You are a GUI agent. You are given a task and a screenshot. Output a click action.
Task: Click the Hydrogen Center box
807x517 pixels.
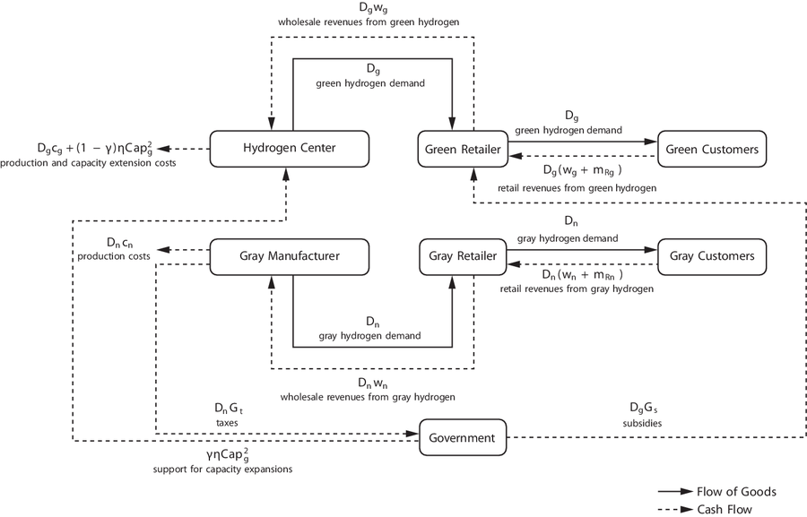point(288,149)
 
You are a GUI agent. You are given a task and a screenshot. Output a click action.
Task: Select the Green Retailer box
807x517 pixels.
point(464,149)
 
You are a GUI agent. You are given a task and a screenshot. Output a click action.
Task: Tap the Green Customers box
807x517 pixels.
point(713,149)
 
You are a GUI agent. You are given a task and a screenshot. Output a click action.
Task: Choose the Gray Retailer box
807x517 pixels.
point(463,256)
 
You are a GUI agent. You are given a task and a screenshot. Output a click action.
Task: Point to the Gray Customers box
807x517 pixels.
point(713,256)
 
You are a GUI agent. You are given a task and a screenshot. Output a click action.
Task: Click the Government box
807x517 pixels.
point(463,438)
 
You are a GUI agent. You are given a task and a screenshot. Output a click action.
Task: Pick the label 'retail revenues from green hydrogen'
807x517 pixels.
point(577,187)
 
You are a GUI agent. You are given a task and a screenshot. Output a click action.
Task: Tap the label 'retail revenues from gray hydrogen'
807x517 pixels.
point(577,289)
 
